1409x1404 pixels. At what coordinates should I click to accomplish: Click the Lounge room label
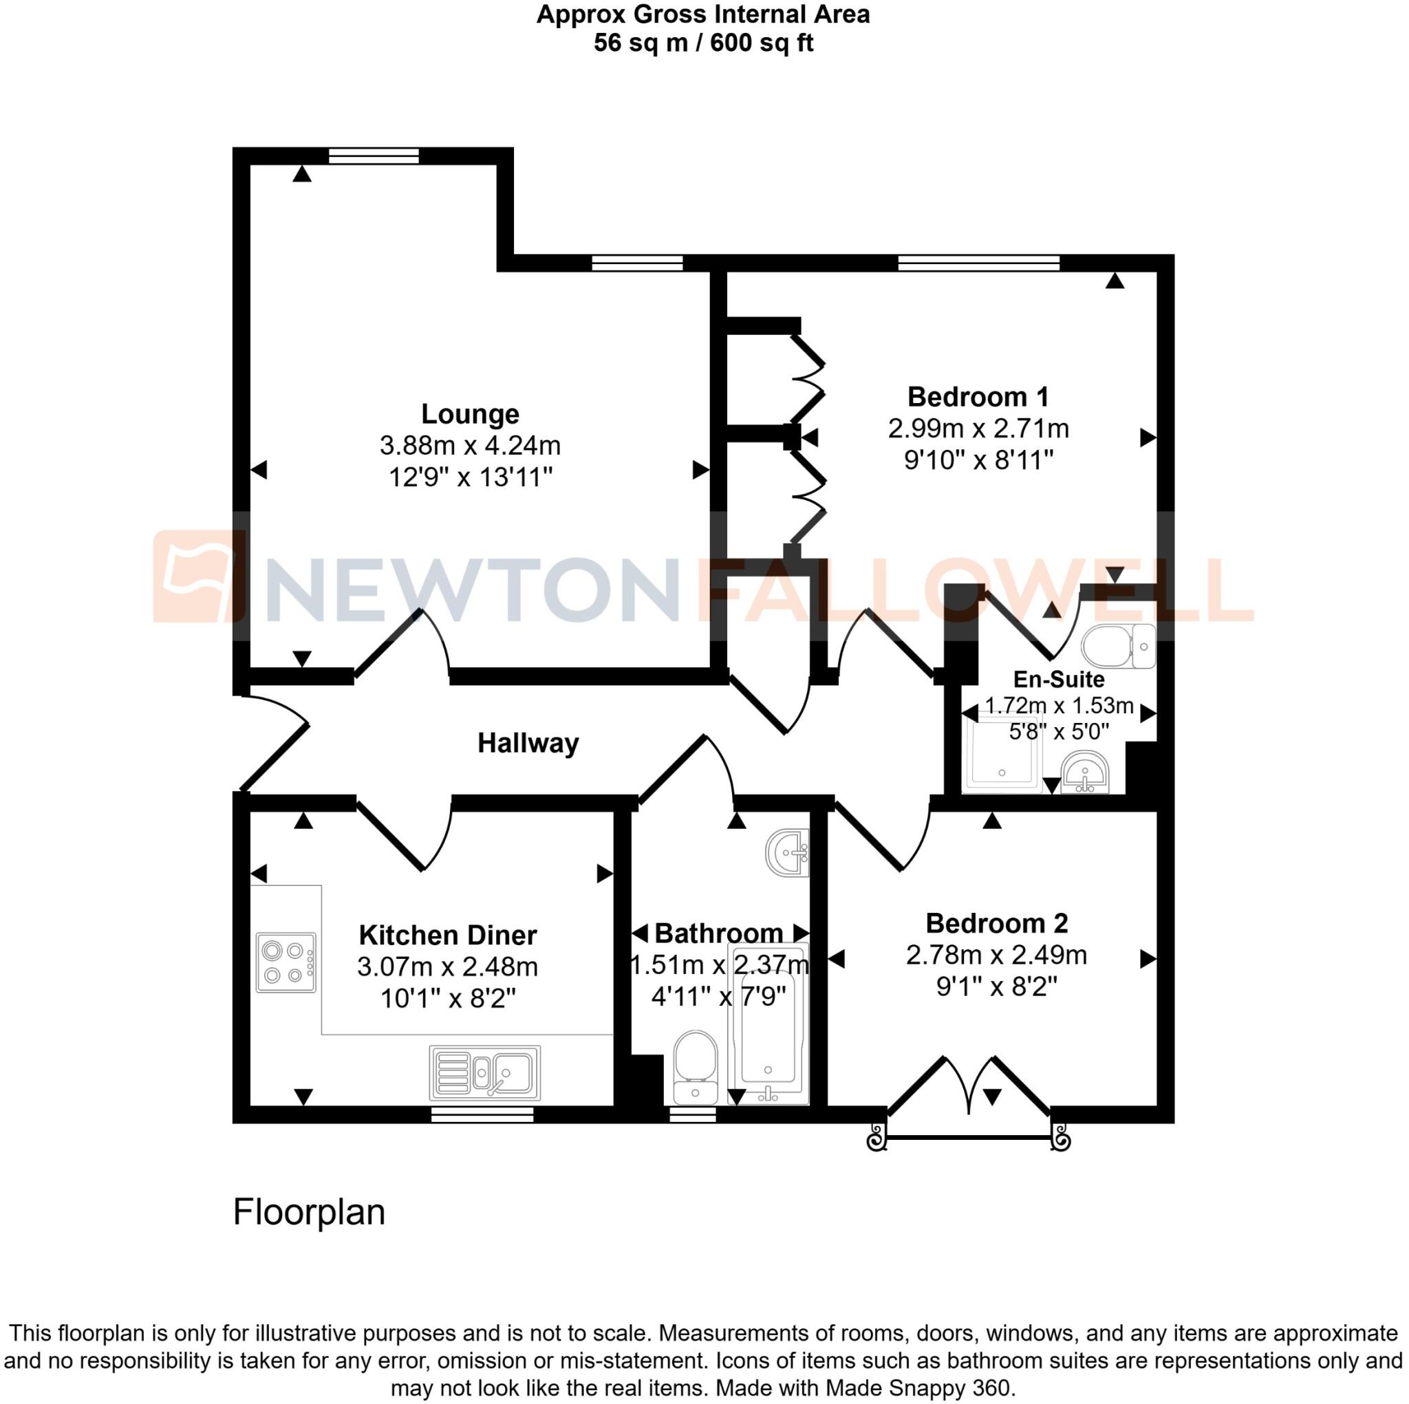pos(470,413)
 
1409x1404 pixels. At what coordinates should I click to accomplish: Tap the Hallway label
pos(528,743)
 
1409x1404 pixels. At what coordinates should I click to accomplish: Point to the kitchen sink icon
pos(485,1072)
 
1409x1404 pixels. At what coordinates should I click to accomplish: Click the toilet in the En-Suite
pos(1118,646)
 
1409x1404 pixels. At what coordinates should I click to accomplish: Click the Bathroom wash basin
pos(788,852)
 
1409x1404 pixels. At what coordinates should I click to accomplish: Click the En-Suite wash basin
pos(1085,773)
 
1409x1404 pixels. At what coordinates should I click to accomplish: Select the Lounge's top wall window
pos(374,155)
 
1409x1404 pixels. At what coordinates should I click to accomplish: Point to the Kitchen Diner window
pos(482,1114)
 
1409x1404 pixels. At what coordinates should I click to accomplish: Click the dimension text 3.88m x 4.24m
pos(470,445)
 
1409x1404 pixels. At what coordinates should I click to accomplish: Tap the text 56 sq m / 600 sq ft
pos(703,43)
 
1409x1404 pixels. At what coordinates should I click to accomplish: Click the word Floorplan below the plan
pos(308,1212)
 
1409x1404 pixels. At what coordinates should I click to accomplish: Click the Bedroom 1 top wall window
pos(978,263)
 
